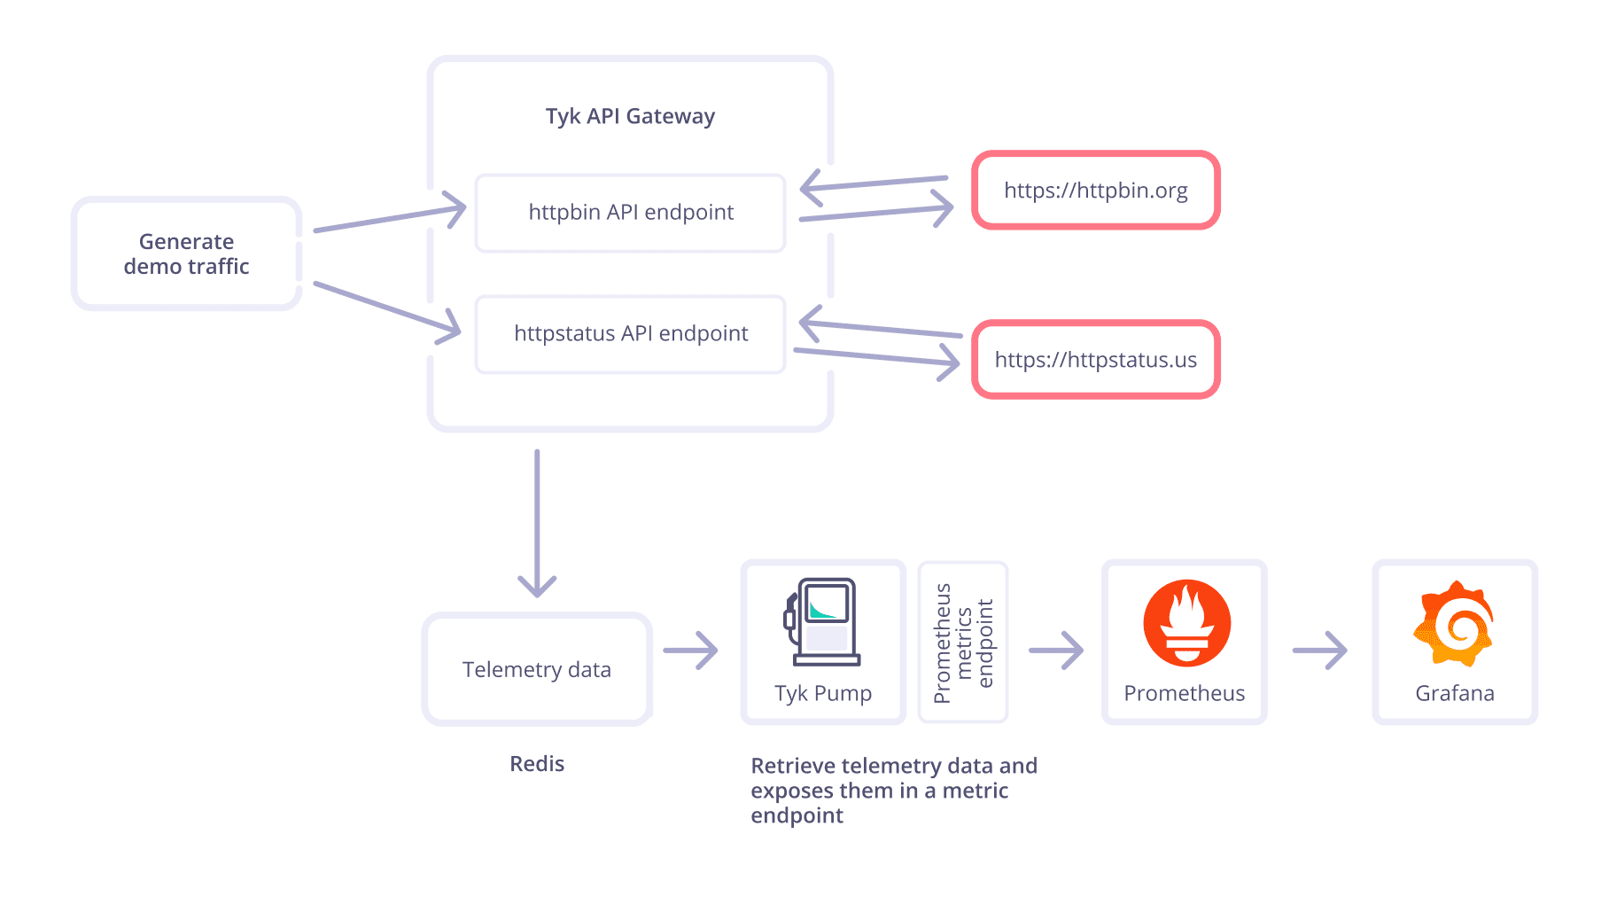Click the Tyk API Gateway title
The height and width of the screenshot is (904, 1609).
coord(630,116)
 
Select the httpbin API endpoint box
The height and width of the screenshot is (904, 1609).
coord(630,213)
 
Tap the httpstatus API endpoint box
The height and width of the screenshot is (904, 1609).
coord(630,334)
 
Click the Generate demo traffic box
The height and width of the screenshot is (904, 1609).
coord(186,253)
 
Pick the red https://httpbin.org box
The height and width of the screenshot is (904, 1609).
coord(1095,191)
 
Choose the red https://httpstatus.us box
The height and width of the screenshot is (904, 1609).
coord(1095,360)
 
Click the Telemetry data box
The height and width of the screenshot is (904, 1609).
coord(536,669)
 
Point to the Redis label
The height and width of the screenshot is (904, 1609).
coord(536,764)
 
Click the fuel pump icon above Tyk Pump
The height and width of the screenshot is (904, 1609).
coord(822,621)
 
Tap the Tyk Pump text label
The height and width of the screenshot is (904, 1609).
coord(822,693)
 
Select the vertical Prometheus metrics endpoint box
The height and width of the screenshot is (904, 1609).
coord(963,643)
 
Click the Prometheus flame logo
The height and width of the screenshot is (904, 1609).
coord(1186,623)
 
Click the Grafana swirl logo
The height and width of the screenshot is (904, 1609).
coord(1454,623)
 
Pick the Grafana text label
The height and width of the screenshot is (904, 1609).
coord(1454,693)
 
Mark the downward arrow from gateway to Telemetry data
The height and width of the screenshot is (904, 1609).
coord(537,523)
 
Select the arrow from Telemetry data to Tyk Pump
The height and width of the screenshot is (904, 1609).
coord(690,651)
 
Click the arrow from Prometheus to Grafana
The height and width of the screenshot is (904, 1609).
coord(1319,651)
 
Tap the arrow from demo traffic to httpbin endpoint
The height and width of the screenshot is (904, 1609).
coord(390,217)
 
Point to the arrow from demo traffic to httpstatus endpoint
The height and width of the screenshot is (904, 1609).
coord(388,309)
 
